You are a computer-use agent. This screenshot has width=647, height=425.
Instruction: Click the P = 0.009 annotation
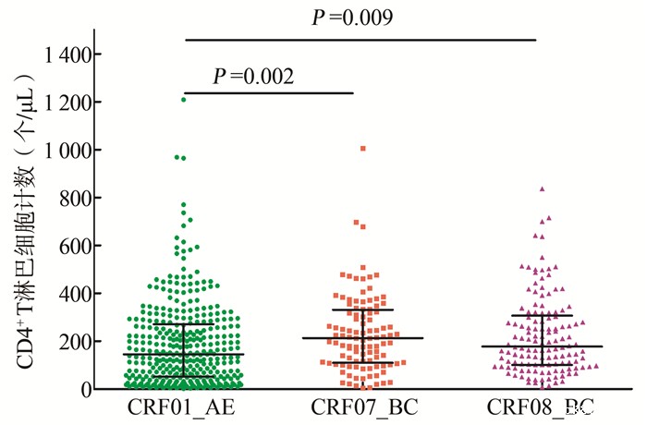coord(352,18)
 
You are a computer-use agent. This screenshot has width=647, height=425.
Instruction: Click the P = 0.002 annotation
coord(253,76)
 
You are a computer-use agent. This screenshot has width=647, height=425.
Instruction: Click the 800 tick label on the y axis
coord(77,198)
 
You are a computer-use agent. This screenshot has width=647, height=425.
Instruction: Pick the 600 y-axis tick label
coord(77,246)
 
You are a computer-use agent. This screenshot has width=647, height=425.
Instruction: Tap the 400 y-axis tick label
coord(77,294)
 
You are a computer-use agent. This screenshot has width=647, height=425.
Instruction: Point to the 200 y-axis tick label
coord(77,342)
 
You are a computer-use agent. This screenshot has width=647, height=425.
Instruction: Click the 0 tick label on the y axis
coord(87,389)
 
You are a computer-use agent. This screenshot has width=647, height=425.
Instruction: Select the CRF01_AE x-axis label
coord(183,408)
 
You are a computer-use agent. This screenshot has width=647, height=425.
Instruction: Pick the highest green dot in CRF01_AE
coord(183,99)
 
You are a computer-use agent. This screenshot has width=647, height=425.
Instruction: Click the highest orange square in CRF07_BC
coord(363,148)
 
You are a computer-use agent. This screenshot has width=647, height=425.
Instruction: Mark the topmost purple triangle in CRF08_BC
coord(543,188)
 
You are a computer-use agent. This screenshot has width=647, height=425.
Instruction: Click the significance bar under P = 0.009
coord(360,40)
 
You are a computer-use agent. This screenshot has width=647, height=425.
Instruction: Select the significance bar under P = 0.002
coord(269,92)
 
